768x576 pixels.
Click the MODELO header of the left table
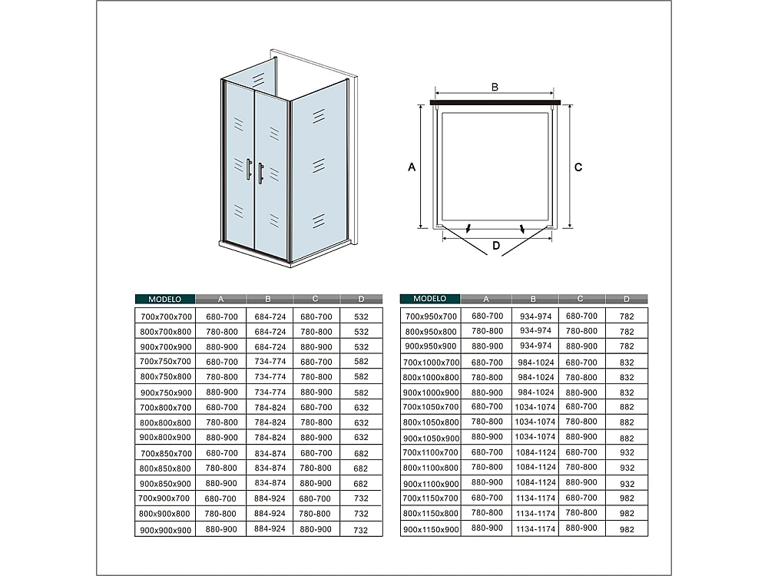[165, 299]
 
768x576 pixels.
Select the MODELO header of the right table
[430, 299]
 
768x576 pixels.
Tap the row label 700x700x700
[166, 316]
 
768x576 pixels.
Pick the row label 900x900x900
[166, 530]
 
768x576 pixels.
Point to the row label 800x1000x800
[431, 377]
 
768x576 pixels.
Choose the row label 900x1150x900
[431, 528]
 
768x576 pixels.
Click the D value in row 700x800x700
[361, 408]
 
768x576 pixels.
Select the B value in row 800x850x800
[270, 468]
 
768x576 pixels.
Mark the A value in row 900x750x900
[221, 392]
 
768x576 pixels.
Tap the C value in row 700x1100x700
[581, 452]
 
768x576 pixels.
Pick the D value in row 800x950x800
[627, 332]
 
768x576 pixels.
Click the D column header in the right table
[627, 299]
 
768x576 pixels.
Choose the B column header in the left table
[269, 299]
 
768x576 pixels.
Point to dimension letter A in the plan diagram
[412, 167]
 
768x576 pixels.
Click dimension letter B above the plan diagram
[495, 87]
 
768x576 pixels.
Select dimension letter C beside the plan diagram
[579, 167]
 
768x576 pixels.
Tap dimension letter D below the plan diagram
[496, 247]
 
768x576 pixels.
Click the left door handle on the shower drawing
[248, 170]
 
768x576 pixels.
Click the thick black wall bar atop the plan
[495, 101]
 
